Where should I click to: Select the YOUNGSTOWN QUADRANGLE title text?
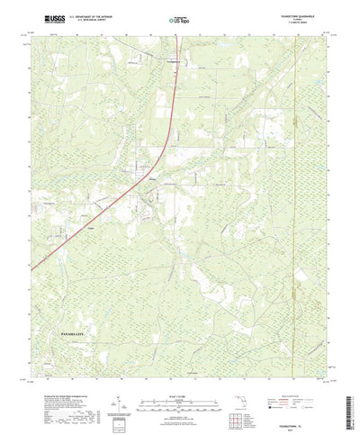tap(304, 14)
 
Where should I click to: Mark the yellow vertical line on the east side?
tap(296, 180)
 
